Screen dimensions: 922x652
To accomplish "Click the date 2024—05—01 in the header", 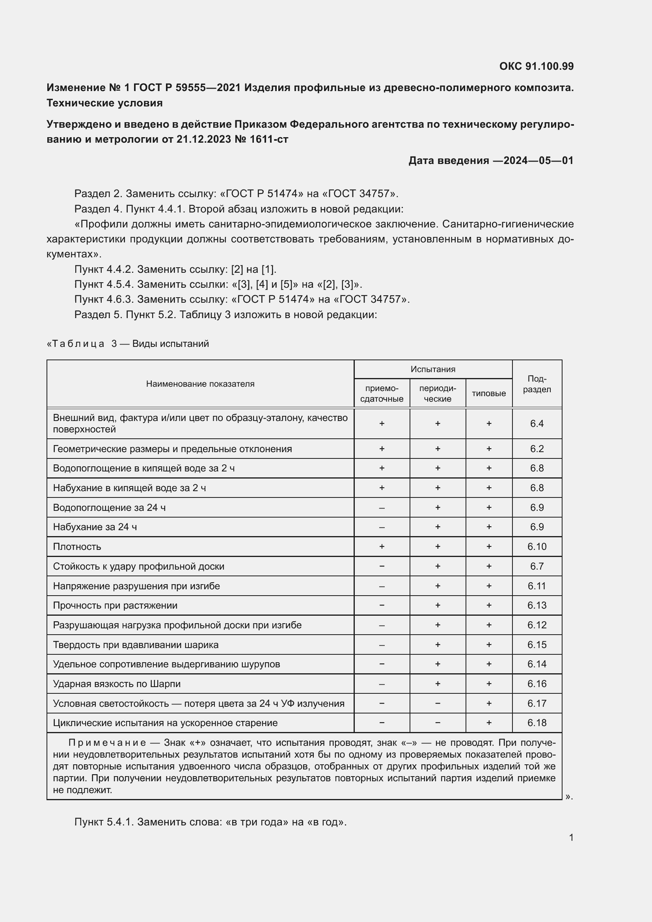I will [x=538, y=160].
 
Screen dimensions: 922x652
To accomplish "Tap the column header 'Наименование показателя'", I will [x=200, y=384].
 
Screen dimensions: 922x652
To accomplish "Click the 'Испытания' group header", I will [x=432, y=369].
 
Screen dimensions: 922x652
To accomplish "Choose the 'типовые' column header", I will [x=488, y=393].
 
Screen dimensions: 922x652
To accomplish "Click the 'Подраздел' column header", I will [x=537, y=384].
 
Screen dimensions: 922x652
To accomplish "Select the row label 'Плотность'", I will [x=77, y=546].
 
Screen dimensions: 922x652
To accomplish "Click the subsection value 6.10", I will [x=537, y=546].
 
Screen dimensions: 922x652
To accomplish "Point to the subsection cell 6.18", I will [x=537, y=723].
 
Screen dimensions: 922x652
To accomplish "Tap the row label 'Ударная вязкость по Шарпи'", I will [x=116, y=684].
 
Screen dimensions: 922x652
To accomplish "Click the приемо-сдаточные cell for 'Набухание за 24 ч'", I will [x=382, y=527].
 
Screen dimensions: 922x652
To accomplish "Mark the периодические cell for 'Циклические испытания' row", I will [x=437, y=723].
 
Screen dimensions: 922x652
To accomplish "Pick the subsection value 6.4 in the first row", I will [x=537, y=423].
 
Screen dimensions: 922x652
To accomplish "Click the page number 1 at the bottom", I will [x=571, y=837].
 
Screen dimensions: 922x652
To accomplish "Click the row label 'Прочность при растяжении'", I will [x=115, y=605].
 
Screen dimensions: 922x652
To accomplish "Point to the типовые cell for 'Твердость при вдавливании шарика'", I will [x=488, y=644].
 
